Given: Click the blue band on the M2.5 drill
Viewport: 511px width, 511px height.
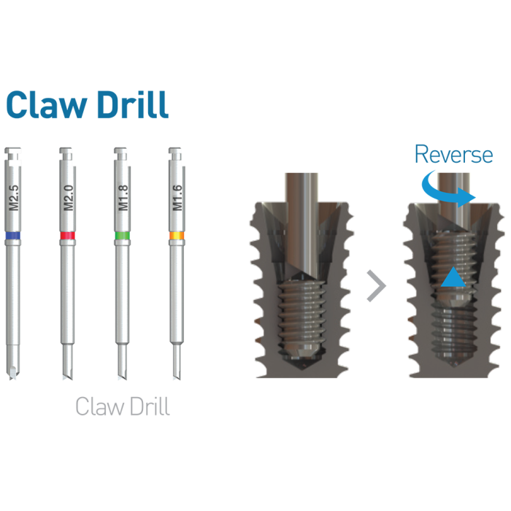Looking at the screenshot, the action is [13, 235].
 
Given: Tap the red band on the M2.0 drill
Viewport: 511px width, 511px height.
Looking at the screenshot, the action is [68, 235].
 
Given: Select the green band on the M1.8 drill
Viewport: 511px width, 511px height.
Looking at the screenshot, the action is [123, 235].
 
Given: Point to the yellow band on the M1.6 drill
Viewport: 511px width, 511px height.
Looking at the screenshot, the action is [177, 235].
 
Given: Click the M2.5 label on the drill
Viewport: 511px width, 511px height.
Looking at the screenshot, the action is [14, 198].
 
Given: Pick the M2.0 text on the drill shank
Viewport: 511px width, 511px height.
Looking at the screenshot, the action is [69, 198].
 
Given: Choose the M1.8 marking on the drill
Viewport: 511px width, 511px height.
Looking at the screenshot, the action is [123, 198].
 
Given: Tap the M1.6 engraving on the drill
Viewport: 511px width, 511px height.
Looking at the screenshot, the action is [177, 198].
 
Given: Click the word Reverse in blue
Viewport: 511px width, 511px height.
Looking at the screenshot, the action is [453, 154].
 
